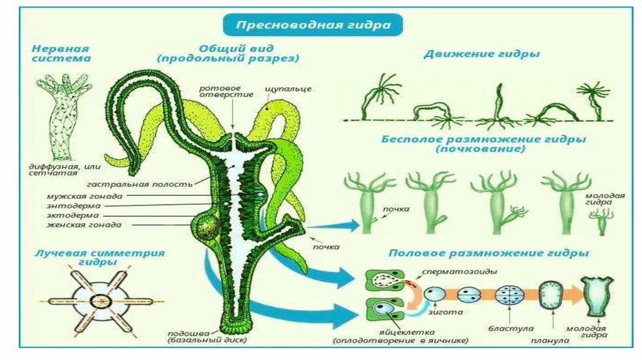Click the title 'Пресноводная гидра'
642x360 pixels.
coord(313,26)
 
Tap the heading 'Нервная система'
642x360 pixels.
coord(61,53)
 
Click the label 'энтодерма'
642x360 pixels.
coord(73,205)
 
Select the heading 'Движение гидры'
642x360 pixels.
coord(481,54)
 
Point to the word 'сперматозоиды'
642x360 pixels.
coord(451,272)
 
